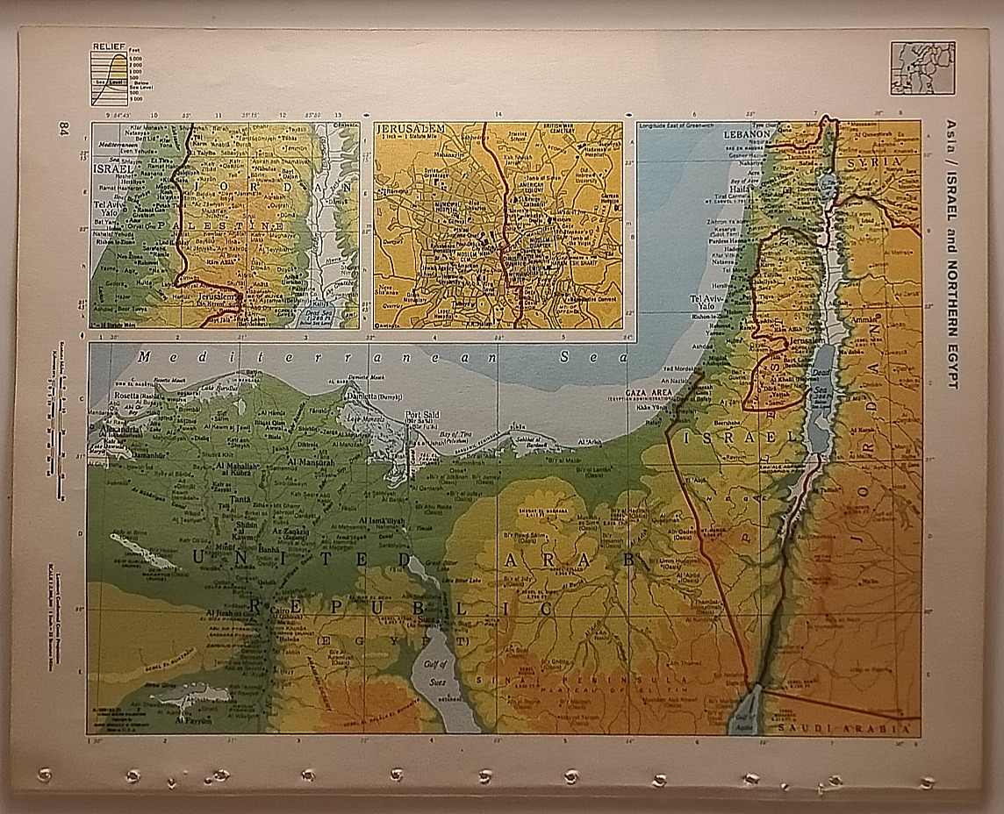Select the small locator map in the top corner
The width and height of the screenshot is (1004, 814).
click(922, 68)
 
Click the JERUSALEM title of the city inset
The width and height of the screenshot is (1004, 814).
click(410, 129)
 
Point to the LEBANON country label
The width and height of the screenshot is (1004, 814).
click(746, 136)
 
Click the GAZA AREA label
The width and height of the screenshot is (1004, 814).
click(648, 391)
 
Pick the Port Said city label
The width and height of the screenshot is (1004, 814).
click(420, 415)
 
